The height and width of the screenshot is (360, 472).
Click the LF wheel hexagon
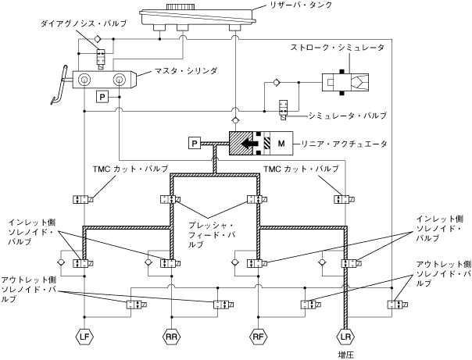point(84,337)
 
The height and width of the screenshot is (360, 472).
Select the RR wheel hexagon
point(171,337)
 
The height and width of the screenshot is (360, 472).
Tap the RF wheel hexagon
point(259,337)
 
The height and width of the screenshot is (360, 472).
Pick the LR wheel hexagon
point(345,337)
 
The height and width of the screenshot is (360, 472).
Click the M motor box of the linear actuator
point(281,144)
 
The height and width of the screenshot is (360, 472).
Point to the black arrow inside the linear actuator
point(249,144)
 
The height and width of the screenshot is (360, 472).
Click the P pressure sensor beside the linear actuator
point(195,143)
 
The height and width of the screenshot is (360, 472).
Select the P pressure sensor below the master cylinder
point(102,97)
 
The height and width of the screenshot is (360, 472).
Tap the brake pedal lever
point(59,85)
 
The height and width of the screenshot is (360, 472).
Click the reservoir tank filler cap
point(181,6)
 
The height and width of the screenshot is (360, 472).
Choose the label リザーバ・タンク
point(301,5)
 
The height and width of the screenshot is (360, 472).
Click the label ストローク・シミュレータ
point(337,48)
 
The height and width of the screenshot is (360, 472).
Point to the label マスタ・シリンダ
point(186,71)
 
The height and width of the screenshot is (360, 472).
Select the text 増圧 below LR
point(345,355)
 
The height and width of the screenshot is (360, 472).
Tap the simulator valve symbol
point(283,110)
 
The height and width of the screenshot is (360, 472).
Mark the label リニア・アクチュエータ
point(344,144)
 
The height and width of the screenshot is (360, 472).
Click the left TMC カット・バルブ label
point(131,169)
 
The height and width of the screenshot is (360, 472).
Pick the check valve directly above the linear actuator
point(235,121)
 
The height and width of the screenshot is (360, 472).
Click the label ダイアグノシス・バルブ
point(84,23)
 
